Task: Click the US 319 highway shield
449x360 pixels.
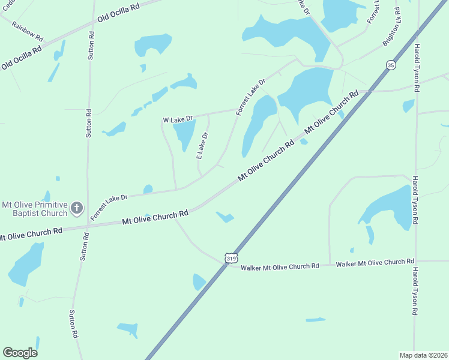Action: coord(231,257)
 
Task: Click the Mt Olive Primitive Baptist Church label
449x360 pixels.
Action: coord(35,209)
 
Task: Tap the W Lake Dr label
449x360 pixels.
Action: coord(177,119)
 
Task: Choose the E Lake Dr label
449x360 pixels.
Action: coord(203,146)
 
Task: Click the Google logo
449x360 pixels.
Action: coord(20,353)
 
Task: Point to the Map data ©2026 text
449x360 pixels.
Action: coord(423,355)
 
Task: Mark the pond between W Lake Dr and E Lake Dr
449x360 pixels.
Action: coord(184,133)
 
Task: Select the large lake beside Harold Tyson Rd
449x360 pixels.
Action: coord(389,207)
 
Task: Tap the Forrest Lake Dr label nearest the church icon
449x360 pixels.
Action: coord(109,206)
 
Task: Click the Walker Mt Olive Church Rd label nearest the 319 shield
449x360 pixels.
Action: coord(280,266)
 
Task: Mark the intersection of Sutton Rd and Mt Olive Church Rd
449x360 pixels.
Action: coord(88,224)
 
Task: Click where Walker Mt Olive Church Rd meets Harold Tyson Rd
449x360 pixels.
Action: coord(415,262)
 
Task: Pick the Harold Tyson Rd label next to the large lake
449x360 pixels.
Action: coord(415,200)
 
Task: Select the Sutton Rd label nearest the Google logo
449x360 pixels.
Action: coord(73,324)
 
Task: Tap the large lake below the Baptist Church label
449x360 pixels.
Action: coord(26,264)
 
